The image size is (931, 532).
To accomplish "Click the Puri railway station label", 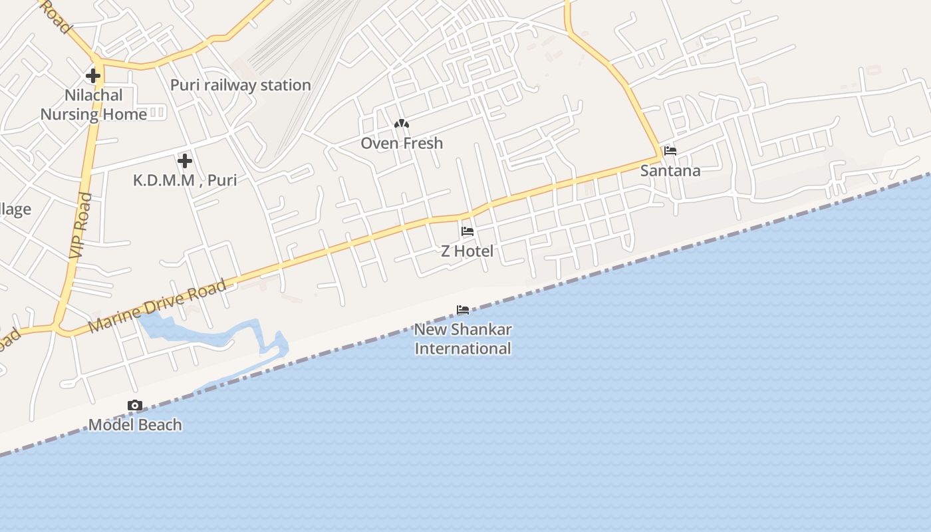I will pos(240,85).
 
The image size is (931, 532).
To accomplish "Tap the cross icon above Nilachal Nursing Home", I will pos(93,76).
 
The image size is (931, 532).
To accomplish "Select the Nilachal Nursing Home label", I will pos(94,104).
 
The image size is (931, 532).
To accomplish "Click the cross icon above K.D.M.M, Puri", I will pos(185,160).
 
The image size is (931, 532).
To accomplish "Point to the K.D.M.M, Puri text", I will pos(185,180).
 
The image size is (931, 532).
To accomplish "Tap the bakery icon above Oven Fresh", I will pos(401,124).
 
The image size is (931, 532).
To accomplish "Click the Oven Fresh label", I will pos(402,143).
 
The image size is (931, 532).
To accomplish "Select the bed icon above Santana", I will pos(670,151).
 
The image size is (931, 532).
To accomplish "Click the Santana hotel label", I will pos(670,171).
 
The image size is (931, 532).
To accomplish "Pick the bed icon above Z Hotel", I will pos(467,231).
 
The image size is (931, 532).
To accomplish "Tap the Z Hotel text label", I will pos(467,251).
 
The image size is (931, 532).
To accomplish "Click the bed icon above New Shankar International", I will pos(463,310).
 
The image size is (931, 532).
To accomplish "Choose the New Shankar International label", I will pos(463,338).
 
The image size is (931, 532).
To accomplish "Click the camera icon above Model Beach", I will pos(135,405).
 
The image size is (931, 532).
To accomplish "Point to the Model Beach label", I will pos(135,425).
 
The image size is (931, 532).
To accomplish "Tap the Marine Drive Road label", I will pos(157,307).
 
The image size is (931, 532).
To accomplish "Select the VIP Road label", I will pos(80,225).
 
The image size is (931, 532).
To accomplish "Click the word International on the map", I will pos(463,348).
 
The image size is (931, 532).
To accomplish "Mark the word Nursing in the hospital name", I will pos(69,114).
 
